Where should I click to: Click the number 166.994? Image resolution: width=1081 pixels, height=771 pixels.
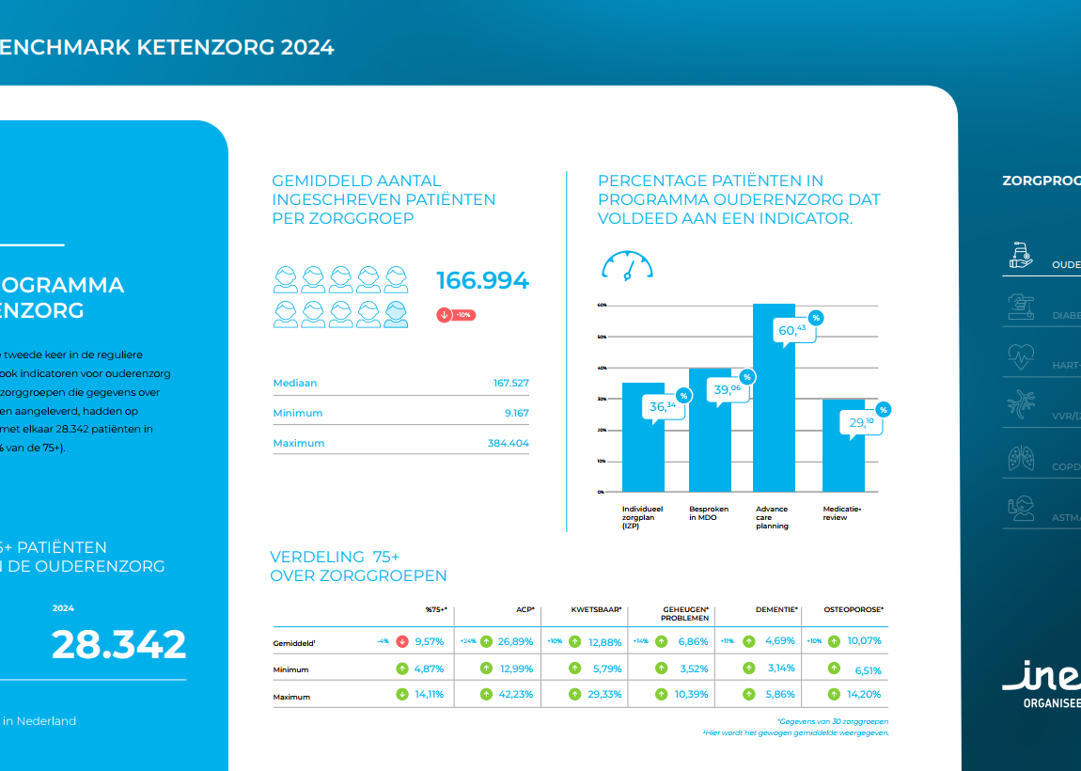click(482, 281)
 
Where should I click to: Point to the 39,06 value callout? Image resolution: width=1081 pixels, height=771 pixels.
click(727, 389)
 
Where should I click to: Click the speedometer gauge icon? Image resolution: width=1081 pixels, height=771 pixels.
click(627, 265)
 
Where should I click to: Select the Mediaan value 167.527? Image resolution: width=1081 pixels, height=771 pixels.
click(510, 383)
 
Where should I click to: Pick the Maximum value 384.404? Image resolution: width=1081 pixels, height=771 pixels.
click(505, 443)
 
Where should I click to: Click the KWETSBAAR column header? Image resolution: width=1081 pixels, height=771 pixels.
click(596, 609)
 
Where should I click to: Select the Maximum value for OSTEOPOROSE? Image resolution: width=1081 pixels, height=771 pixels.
click(864, 695)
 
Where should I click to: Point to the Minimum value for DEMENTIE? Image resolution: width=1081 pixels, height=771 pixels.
click(778, 669)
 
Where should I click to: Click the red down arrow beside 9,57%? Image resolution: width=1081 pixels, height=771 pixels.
click(402, 641)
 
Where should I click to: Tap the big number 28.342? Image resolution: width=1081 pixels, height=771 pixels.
click(118, 645)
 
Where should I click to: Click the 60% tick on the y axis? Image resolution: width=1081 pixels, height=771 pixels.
click(602, 306)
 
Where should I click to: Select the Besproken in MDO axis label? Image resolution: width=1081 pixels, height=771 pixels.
click(709, 512)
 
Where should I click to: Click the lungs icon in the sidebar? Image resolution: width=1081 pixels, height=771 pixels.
click(1020, 459)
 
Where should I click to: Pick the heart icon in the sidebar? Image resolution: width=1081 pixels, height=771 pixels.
click(1020, 356)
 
